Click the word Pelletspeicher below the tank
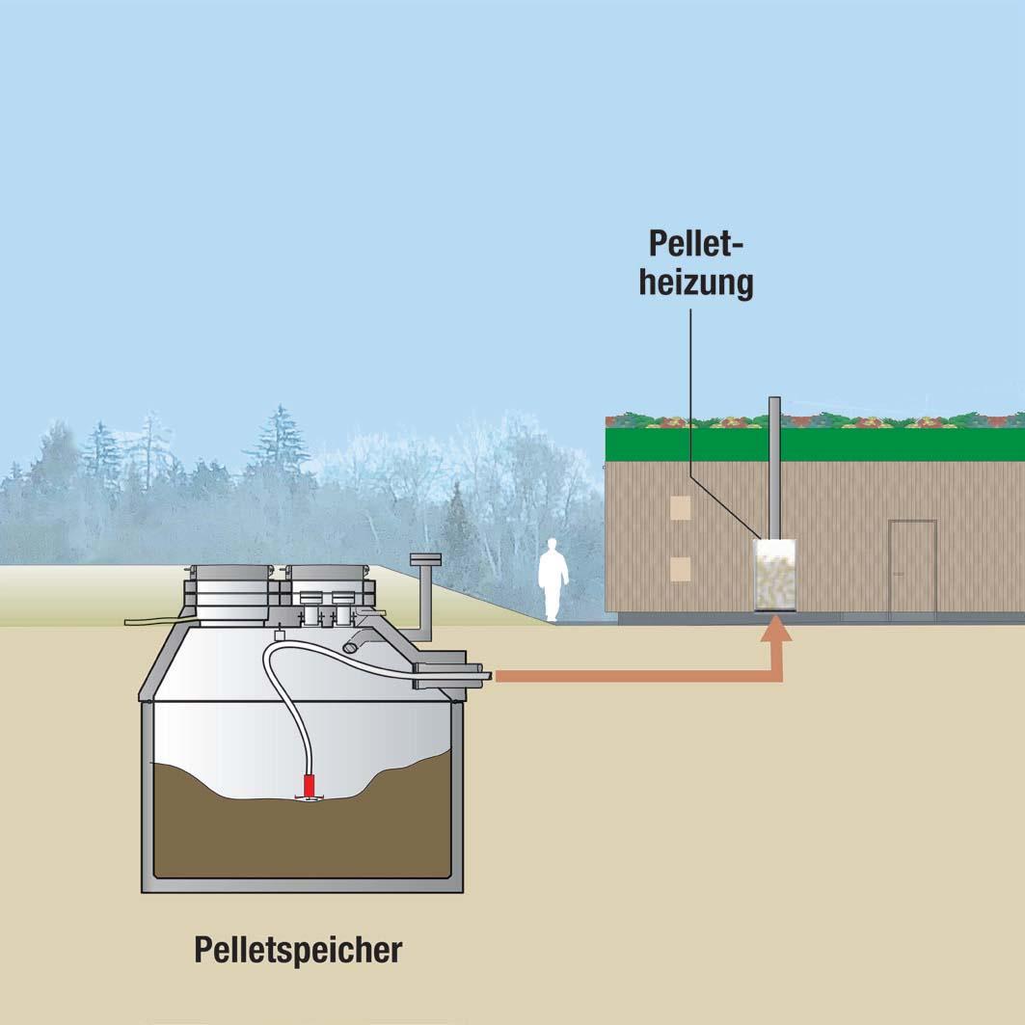298,951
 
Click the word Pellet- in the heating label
697,243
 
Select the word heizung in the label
696,283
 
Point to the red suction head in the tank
310,787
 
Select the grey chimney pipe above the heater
774,468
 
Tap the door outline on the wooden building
912,567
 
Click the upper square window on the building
681,507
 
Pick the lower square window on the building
681,569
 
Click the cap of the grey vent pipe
425,559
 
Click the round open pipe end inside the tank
351,647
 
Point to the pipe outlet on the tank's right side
451,675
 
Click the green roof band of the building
815,445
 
